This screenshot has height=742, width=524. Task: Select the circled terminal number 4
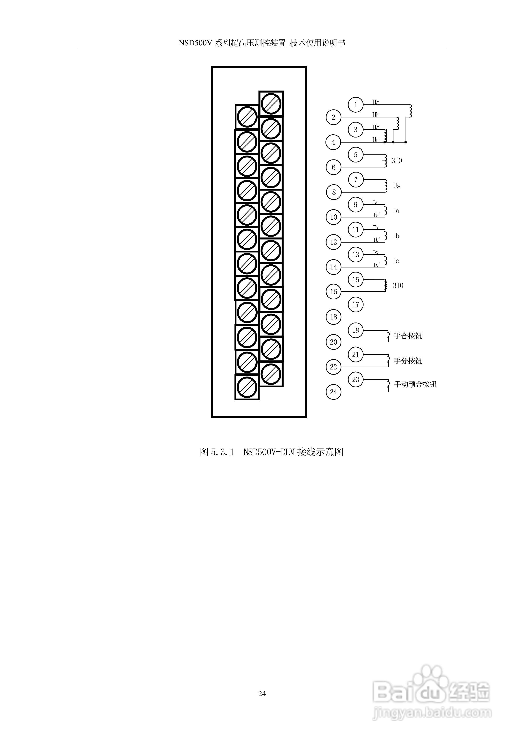[333, 142]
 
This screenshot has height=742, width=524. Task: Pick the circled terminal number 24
[333, 392]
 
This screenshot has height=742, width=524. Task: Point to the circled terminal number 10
[333, 217]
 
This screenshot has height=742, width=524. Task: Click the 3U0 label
[397, 161]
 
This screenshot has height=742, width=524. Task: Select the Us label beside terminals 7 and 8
[397, 186]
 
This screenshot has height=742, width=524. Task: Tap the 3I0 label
[398, 285]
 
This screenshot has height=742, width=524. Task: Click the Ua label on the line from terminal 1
[376, 102]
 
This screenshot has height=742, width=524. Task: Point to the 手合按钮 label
[408, 336]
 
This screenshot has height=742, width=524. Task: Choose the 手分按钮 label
[408, 361]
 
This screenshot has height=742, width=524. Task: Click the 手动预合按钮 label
[415, 384]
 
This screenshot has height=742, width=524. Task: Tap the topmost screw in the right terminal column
[271, 103]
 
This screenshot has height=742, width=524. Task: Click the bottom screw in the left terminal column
[247, 387]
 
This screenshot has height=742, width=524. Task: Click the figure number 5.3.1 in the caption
[222, 452]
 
